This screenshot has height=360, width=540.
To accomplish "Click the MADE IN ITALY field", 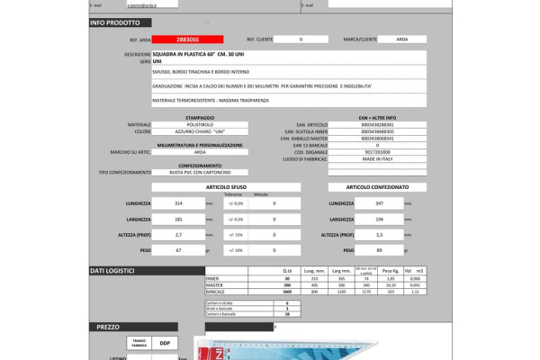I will tap(377, 158).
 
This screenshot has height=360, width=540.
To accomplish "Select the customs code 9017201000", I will tap(377, 152).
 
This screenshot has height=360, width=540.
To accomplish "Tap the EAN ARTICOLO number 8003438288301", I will tap(377, 124).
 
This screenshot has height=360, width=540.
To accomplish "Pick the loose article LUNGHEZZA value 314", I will tap(178, 203).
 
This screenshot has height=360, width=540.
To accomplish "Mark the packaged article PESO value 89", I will tap(380, 250).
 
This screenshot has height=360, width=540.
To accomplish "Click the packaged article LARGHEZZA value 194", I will tap(380, 220).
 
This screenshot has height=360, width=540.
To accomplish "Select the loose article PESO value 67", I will tap(178, 250).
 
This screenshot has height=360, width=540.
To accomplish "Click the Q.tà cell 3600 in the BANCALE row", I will tap(287, 292).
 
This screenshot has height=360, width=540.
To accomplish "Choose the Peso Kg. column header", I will tap(390, 271).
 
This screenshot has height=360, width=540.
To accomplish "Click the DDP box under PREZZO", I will tap(165, 343).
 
